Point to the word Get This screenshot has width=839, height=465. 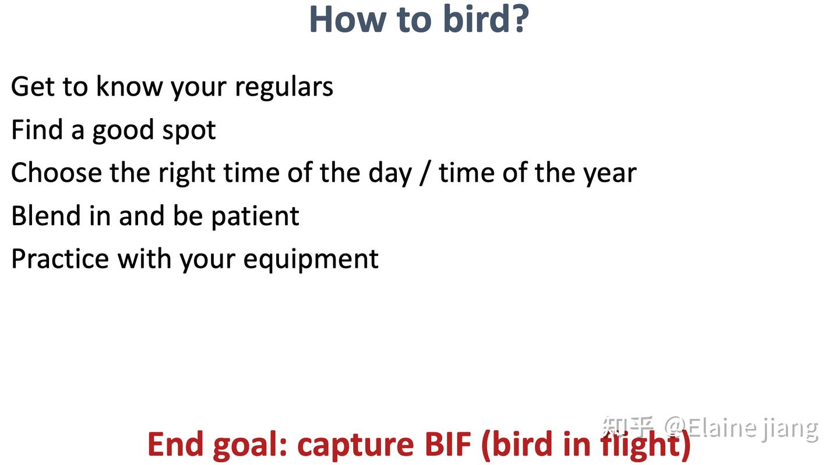(x=33, y=87)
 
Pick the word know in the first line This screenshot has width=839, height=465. (x=129, y=86)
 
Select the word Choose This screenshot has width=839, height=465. (x=57, y=173)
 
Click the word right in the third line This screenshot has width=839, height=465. (x=187, y=174)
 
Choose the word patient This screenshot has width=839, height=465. (x=255, y=217)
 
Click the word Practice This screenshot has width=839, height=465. (x=61, y=259)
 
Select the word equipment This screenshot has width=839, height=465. (x=311, y=260)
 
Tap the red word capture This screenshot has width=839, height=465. (x=355, y=446)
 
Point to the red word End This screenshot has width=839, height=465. (x=175, y=444)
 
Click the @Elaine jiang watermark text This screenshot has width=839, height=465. (x=741, y=428)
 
